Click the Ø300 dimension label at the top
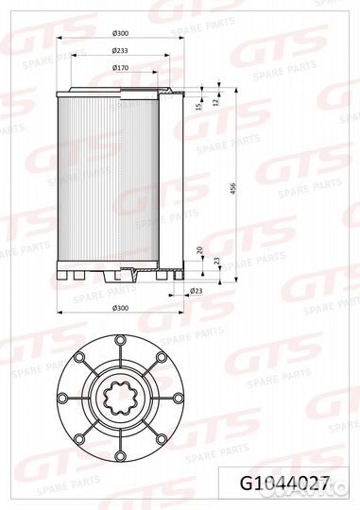point(120,33)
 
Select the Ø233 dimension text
point(120,51)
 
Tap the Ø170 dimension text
point(120,68)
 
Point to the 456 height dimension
point(232,189)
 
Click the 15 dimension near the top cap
point(200,106)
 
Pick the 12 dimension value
point(214,102)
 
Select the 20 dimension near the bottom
point(199,250)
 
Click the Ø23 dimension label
point(196,291)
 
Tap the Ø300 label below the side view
point(120,308)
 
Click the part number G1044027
point(285,484)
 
